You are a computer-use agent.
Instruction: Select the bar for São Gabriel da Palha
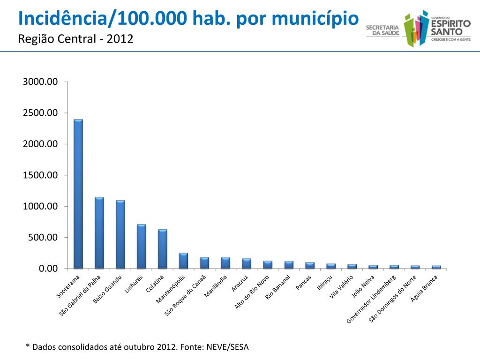pos(99,232)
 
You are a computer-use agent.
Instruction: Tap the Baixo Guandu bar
pos(120,234)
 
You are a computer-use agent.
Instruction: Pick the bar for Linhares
pos(142,246)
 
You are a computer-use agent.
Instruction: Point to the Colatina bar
pos(163,249)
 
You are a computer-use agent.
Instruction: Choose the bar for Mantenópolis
pos(183,261)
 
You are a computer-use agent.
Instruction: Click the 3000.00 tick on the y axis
pos(40,82)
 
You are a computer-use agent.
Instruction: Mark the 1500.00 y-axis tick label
pos(40,175)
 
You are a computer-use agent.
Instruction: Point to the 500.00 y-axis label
pos(43,238)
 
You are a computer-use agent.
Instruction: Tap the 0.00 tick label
pos(47,269)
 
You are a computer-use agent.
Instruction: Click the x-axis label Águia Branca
pos(424,288)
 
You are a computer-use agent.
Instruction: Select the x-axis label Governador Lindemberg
pos(372,300)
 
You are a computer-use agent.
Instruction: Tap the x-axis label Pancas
pos(304,283)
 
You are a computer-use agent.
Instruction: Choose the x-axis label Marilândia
pos(216,287)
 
